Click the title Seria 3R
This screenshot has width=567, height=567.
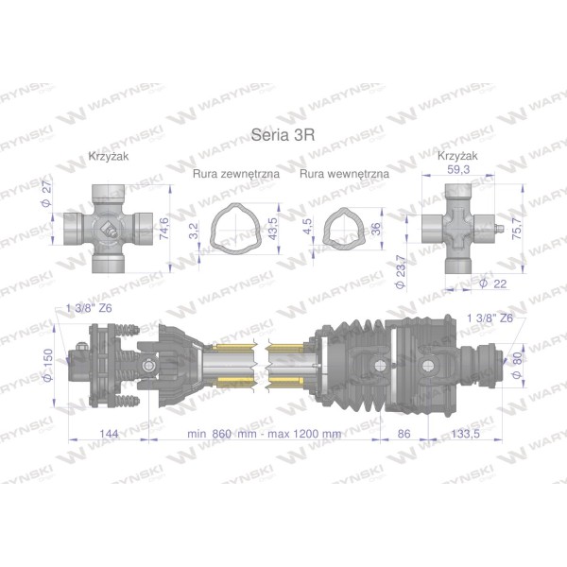pos(283,135)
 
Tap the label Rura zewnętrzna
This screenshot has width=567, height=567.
pos(236,174)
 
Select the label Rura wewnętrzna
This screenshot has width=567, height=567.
pos(344,174)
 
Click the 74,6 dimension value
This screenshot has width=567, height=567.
pos(163,228)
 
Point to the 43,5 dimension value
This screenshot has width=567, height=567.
pos(273,228)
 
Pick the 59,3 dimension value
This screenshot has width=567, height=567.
pos(458,169)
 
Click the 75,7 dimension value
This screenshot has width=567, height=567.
pos(516,229)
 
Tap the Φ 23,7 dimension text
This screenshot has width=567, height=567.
pos(401,271)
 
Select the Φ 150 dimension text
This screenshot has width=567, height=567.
pos(48,365)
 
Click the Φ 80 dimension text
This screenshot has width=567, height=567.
pos(518,365)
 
